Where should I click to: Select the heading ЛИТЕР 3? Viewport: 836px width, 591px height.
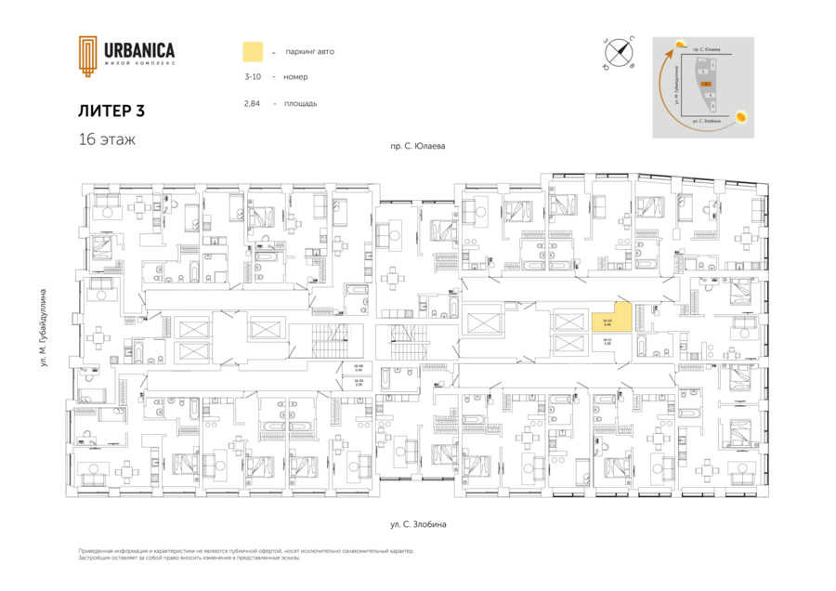tap(111, 111)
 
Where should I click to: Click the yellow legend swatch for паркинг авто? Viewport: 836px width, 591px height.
tap(253, 51)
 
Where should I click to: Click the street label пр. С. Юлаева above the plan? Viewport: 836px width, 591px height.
tap(418, 147)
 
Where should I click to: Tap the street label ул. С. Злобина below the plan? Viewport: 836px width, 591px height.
tap(418, 525)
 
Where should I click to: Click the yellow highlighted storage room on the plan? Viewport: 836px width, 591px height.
tap(608, 322)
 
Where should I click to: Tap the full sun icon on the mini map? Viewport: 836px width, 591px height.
tap(741, 117)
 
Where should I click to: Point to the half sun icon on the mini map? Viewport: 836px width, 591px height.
tap(682, 45)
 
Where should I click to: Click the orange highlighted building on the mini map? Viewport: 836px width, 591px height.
tap(706, 84)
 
